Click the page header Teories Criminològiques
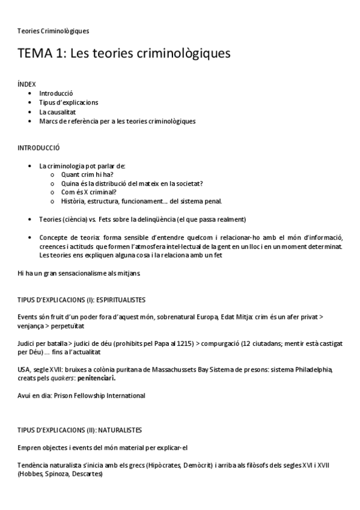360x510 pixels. point(53,31)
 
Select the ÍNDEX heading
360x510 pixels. point(27,85)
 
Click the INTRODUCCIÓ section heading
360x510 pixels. point(39,148)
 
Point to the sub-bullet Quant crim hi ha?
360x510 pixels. point(87,174)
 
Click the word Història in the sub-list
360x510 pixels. point(75,201)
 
